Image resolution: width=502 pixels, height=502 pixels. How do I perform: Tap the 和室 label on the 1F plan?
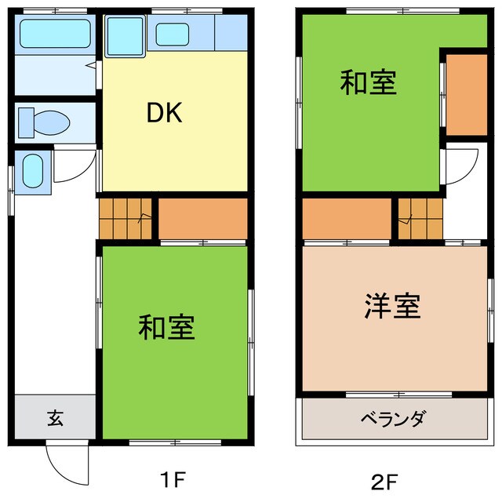(166, 327)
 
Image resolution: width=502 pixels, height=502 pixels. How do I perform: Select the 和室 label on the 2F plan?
(368, 82)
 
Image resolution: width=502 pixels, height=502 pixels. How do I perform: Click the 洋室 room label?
(393, 307)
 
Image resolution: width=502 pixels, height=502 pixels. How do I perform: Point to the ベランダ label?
(392, 418)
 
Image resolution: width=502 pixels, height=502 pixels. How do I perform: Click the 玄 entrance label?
(54, 417)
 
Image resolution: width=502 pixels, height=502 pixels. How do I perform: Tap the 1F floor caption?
(174, 478)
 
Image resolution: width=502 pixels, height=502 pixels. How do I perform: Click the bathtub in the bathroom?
(54, 35)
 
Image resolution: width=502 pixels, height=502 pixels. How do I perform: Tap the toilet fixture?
(45, 122)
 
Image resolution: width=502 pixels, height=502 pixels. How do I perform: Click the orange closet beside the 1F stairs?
(203, 218)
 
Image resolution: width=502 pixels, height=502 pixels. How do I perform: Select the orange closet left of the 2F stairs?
(347, 218)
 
